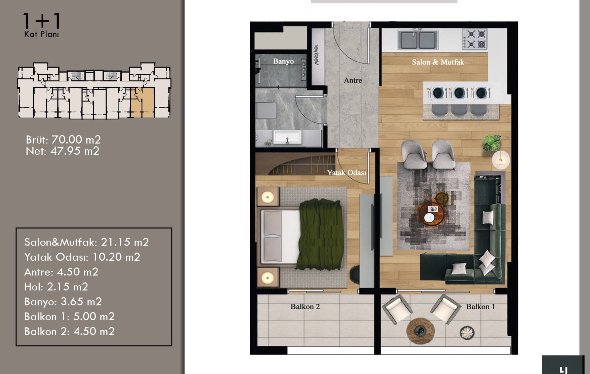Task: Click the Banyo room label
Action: (x=283, y=61)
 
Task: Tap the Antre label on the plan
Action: (x=353, y=80)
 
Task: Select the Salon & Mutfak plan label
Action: (x=438, y=62)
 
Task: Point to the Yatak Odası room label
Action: (x=347, y=173)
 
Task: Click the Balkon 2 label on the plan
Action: (x=305, y=306)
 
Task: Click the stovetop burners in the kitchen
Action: (x=474, y=39)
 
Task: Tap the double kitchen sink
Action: (x=418, y=40)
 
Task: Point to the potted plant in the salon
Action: (x=491, y=143)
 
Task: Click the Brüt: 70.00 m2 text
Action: (x=63, y=140)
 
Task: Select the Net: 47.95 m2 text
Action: (x=63, y=151)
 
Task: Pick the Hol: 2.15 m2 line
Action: (x=56, y=287)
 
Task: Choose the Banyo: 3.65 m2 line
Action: (x=63, y=301)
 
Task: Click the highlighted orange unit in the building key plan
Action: (x=142, y=102)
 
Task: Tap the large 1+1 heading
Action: (x=42, y=21)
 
